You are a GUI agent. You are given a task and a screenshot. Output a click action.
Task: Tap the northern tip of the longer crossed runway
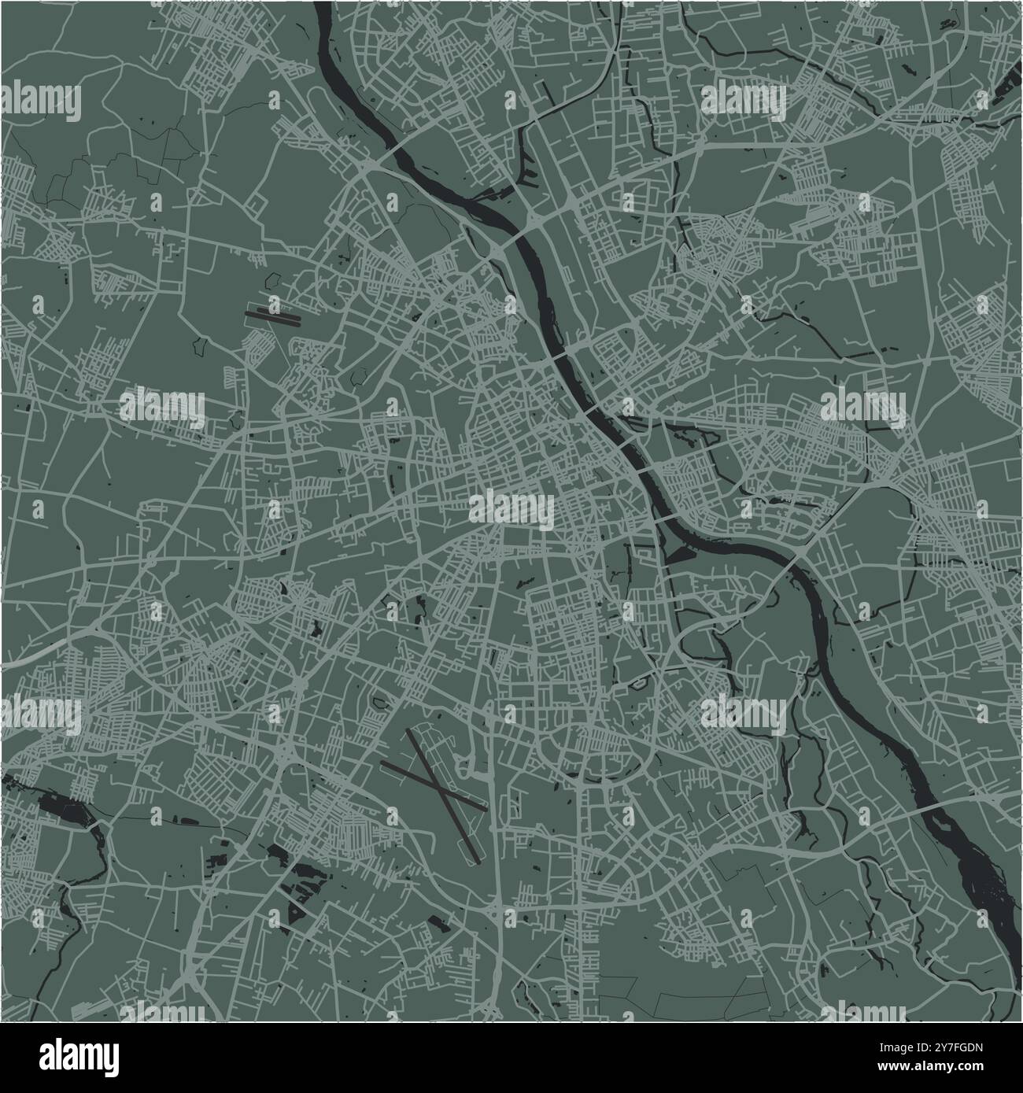coord(408,731)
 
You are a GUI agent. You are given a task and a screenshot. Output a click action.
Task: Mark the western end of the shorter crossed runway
coord(382,762)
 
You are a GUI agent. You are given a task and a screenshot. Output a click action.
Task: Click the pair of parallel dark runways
coord(272,316)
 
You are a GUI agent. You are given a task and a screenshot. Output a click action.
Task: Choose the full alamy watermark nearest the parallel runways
coord(162,406)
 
